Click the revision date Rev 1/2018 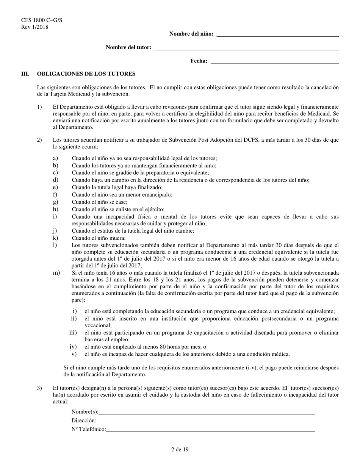click(32, 27)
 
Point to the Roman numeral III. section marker click(25, 74)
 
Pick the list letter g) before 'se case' click(55, 202)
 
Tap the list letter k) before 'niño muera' click(55, 238)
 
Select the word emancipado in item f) click(158, 195)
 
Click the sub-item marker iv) click(73, 347)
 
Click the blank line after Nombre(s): click(207, 412)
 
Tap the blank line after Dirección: click(205, 421)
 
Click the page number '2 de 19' click(180, 450)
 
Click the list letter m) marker click(56, 273)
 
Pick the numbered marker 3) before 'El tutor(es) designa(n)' click(40, 388)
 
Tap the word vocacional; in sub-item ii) click(98, 325)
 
